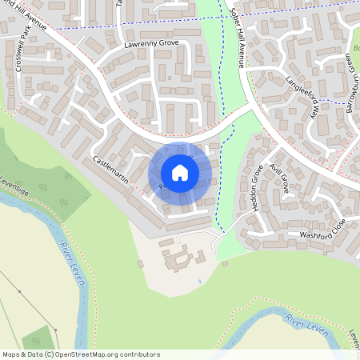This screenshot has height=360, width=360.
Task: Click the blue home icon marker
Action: [x=180, y=172]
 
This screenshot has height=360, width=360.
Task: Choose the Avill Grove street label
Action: [x=280, y=178]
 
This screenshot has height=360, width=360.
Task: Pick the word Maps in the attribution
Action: [x=11, y=354]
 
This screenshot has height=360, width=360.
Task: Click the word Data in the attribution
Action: [x=33, y=354]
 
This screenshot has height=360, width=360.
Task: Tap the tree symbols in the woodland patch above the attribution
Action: [x=37, y=338]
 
